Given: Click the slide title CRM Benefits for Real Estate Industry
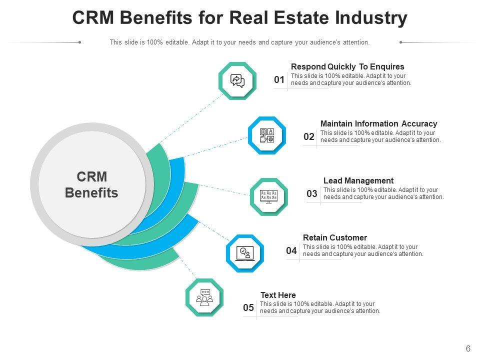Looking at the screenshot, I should tap(239, 18).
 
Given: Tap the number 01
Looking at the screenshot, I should tap(279, 80).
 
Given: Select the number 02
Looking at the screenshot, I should tap(309, 137).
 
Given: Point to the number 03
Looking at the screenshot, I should tap(312, 194).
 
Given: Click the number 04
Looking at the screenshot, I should tap(291, 251).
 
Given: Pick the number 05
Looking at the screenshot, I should tap(248, 308).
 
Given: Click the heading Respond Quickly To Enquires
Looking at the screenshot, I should tap(347, 66).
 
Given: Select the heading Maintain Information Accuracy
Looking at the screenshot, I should tap(378, 123).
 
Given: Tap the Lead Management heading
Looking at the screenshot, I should tap(358, 180).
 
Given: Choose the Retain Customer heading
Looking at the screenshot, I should tap(335, 237).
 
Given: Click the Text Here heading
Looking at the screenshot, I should tap(278, 295).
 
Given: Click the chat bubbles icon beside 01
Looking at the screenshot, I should tap(237, 80).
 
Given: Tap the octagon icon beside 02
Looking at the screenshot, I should tap(267, 135).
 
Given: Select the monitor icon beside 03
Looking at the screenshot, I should tap(269, 196).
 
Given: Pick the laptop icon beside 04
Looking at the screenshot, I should tap(245, 253).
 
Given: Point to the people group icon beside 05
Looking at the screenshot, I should tap(204, 297).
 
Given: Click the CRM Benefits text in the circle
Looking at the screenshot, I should tap(91, 185).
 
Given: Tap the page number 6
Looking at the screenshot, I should tap(468, 349).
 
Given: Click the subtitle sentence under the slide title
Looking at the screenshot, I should tap(239, 42).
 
